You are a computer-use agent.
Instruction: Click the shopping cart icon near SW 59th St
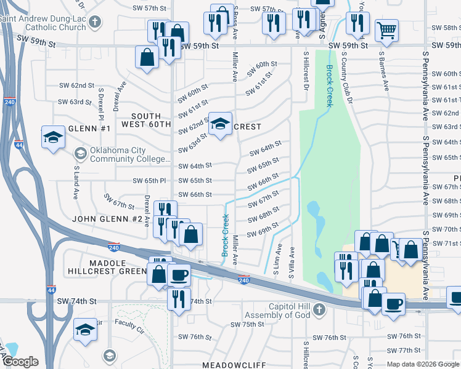click(x=386, y=29)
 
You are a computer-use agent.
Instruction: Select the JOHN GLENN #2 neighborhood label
click(x=107, y=219)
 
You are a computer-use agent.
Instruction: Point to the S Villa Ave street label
click(x=292, y=262)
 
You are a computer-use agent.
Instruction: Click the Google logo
click(x=21, y=362)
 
